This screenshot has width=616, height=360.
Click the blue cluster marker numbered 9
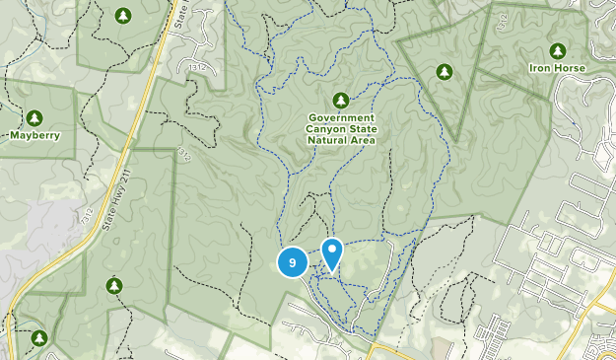click(292, 262)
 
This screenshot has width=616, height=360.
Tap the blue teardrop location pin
click(332, 254)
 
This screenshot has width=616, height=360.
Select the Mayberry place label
click(35, 134)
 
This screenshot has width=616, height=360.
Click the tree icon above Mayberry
click(35, 116)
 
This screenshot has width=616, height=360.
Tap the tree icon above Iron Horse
click(558, 50)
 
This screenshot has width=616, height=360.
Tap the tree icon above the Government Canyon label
click(341, 101)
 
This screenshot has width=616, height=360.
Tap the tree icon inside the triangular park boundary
click(444, 71)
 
